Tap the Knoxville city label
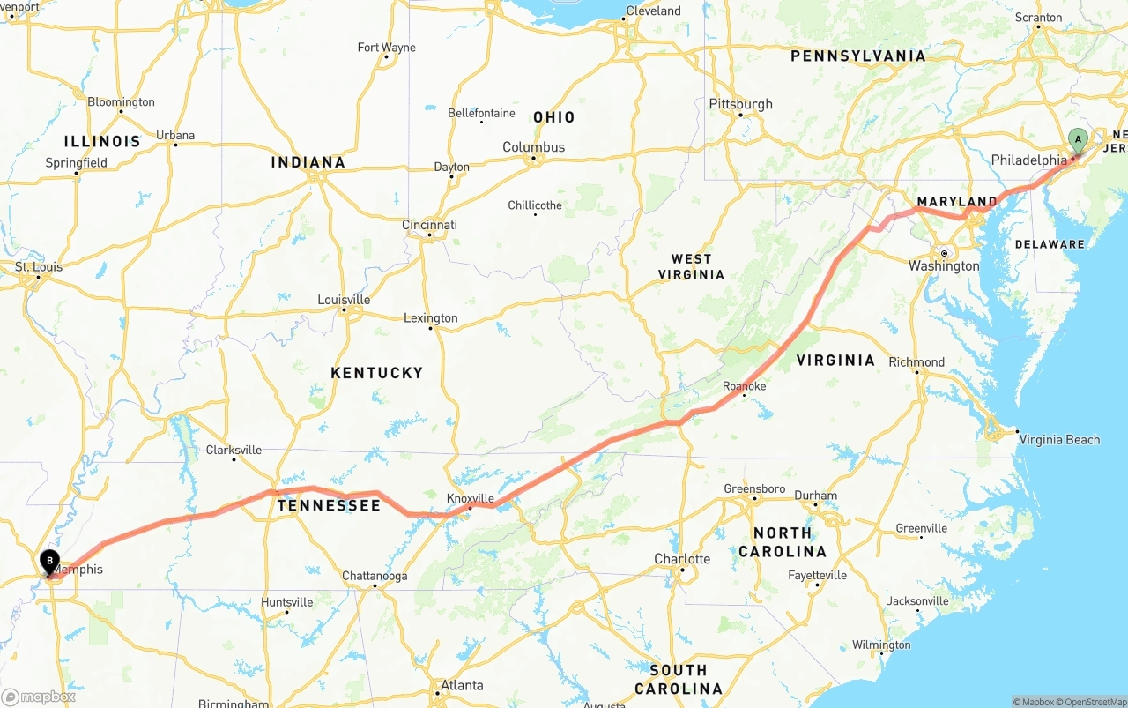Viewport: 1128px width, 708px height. (x=470, y=498)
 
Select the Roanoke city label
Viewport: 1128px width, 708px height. (x=744, y=386)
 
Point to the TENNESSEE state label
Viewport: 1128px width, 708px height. (x=329, y=505)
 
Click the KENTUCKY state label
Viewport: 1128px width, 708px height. (x=377, y=373)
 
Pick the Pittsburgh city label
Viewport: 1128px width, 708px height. (x=740, y=104)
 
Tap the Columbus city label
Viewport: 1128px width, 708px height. (x=533, y=147)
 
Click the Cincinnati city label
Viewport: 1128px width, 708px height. (x=429, y=225)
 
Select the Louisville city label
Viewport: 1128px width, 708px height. (x=344, y=300)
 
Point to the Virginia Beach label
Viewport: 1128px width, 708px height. (x=1058, y=440)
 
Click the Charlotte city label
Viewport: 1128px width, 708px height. (x=682, y=559)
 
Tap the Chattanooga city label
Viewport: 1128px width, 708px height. (x=375, y=576)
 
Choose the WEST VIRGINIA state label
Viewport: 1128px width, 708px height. (x=691, y=266)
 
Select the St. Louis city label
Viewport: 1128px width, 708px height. (x=39, y=266)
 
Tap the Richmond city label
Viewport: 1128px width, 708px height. (x=916, y=362)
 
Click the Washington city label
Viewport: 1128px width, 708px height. (x=944, y=265)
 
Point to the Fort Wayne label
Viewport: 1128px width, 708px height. (x=386, y=48)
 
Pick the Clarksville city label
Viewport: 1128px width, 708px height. (x=234, y=450)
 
